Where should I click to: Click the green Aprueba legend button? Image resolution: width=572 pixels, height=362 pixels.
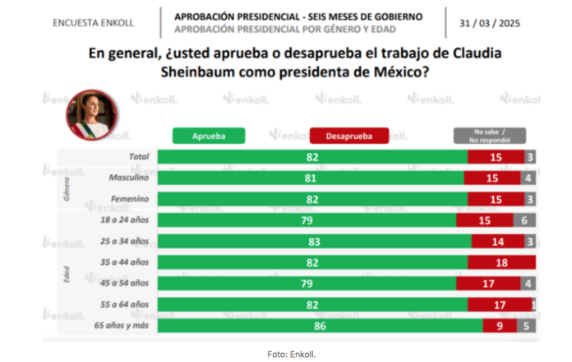tap(209, 136)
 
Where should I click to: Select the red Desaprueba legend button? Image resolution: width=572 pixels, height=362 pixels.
tap(349, 136)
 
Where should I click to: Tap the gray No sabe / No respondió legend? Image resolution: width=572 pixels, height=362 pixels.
tap(490, 136)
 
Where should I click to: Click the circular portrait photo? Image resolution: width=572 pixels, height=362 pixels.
tap(91, 114)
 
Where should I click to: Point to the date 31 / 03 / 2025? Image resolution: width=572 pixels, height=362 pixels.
tap(490, 23)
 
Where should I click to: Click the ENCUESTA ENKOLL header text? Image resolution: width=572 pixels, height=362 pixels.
tap(94, 23)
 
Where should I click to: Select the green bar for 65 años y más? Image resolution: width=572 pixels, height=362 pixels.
tap(321, 326)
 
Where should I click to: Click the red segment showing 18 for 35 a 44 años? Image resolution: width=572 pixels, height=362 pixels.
tap(501, 262)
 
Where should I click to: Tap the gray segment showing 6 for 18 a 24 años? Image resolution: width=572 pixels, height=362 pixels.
tap(524, 220)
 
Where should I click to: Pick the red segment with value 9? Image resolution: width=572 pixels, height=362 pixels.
tap(500, 326)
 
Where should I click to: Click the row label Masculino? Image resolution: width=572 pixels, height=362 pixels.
tap(129, 178)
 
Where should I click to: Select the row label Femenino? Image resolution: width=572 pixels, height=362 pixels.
tap(130, 199)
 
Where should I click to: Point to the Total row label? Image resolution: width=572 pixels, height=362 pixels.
tap(139, 156)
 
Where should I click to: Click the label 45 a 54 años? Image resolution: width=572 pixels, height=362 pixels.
tap(124, 283)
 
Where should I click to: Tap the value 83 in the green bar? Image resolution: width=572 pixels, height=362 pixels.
tap(314, 242)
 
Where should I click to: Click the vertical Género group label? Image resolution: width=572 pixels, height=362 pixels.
tap(67, 189)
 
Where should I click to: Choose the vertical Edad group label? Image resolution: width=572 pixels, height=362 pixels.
tap(67, 274)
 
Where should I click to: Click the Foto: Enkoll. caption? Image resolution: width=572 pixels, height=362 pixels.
tap(292, 355)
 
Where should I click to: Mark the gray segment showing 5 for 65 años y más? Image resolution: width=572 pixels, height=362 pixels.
tap(527, 326)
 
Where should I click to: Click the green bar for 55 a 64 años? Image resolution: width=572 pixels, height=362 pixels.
tap(312, 304)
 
